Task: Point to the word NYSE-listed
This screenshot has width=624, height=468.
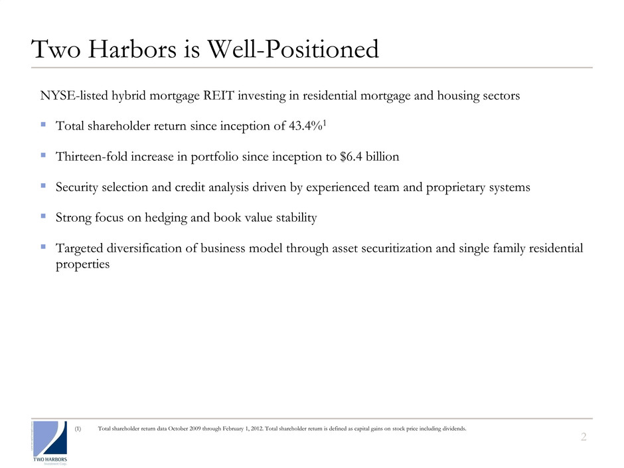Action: [72, 96]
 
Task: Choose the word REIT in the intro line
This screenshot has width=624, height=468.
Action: [244, 96]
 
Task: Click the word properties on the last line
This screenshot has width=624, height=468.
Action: [82, 264]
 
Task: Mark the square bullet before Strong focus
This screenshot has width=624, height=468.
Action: [43, 216]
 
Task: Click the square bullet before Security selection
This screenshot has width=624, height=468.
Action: [43, 186]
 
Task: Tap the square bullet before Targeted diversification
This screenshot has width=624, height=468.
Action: [43, 247]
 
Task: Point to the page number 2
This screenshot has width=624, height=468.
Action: [584, 436]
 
